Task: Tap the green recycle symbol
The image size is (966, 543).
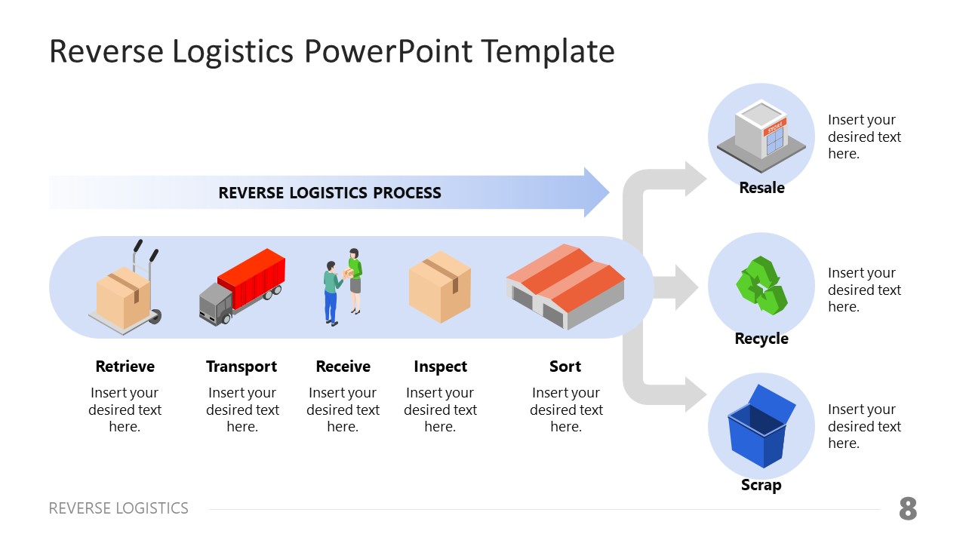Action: tap(761, 286)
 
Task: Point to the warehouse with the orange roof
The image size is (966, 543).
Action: tap(565, 287)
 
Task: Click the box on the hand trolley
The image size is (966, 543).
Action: tap(123, 299)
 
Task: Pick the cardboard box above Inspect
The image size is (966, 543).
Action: tap(440, 287)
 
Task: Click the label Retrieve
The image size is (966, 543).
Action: tap(125, 367)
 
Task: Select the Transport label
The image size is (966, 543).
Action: tap(241, 367)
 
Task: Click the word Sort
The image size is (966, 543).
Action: tap(565, 367)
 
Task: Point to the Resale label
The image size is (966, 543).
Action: tap(761, 188)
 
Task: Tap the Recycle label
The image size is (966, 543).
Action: tap(761, 339)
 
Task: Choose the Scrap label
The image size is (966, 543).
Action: tap(761, 485)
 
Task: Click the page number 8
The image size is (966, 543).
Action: tap(908, 510)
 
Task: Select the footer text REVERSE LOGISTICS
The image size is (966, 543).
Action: tap(118, 508)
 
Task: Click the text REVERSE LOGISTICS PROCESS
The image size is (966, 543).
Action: tap(330, 193)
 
